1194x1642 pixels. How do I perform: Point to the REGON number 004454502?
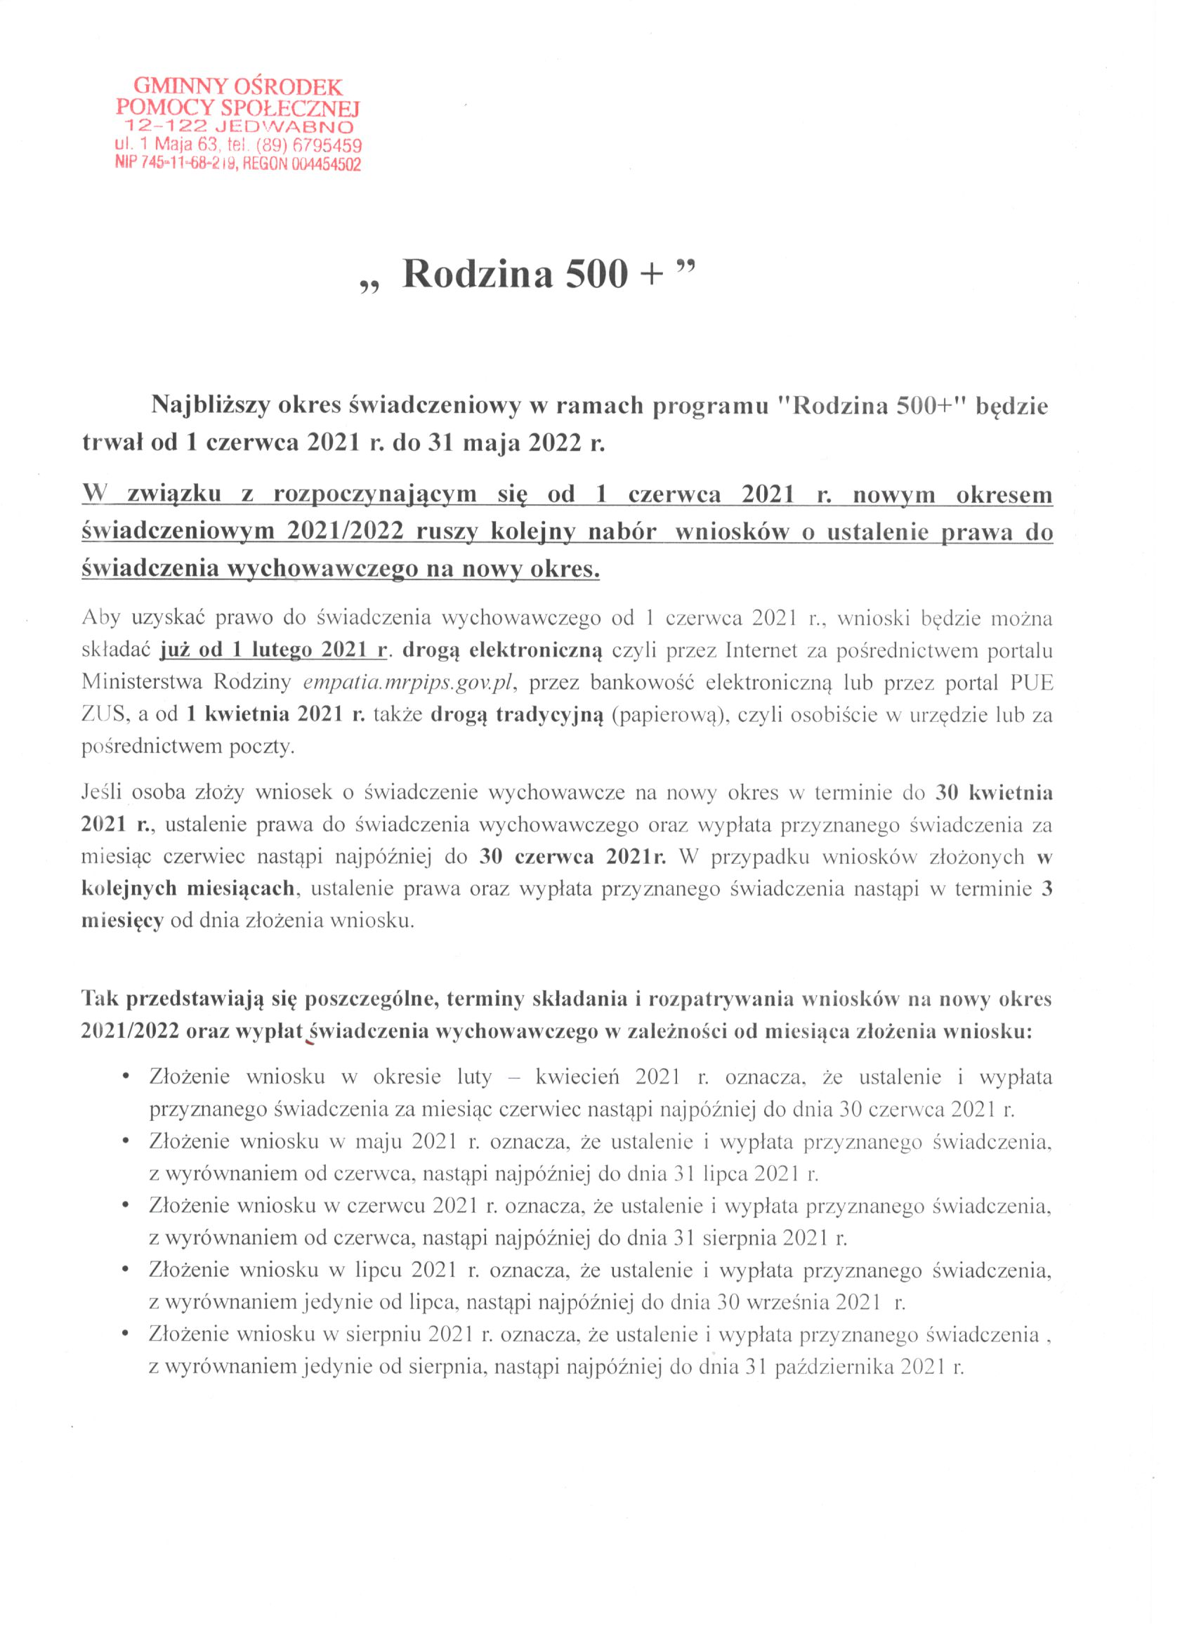(325, 164)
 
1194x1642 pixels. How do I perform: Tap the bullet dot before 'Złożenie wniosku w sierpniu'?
(127, 1334)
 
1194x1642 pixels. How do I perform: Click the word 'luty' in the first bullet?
(473, 1077)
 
